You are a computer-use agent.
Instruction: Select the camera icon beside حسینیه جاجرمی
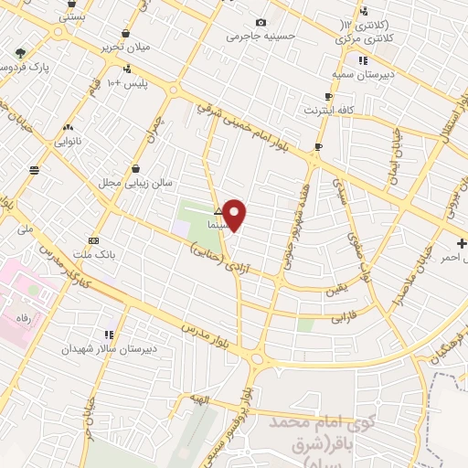pyautogui.click(x=261, y=22)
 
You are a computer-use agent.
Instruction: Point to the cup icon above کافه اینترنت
pyautogui.click(x=328, y=96)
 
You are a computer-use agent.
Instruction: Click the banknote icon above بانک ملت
pyautogui.click(x=93, y=240)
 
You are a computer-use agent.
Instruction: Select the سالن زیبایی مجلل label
pyautogui.click(x=135, y=183)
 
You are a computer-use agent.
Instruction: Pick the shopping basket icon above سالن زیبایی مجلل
pyautogui.click(x=135, y=168)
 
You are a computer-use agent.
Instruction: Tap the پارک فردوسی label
pyautogui.click(x=20, y=68)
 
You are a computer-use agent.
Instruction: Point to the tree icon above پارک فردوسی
pyautogui.click(x=21, y=52)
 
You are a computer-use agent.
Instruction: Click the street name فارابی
pyautogui.click(x=315, y=321)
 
